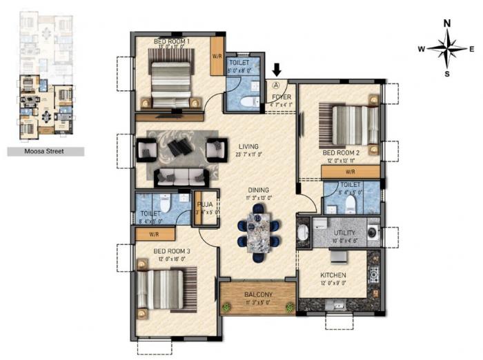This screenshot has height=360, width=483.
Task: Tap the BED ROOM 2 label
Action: (x=342, y=152)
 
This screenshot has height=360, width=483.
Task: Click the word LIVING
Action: (x=248, y=146)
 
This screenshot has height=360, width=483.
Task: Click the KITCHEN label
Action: (x=332, y=274)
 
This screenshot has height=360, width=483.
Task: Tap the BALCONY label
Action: (x=257, y=294)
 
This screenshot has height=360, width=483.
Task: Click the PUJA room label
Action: (x=206, y=204)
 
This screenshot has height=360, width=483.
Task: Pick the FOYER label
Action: (x=281, y=97)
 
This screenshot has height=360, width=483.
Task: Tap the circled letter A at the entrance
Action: (x=277, y=86)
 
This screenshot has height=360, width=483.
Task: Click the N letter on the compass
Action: (x=446, y=23)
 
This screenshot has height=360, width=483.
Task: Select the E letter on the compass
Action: (x=471, y=49)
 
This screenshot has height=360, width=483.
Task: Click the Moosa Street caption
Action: (x=46, y=151)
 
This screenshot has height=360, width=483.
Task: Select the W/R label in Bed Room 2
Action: (x=350, y=171)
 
